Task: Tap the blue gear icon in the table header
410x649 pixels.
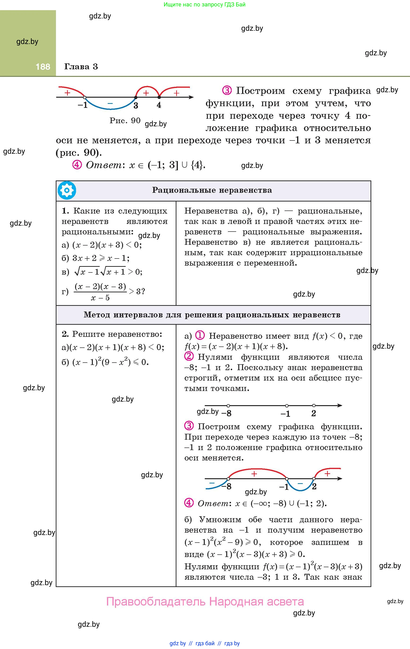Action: [67, 191]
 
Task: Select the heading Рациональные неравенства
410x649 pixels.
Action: [212, 190]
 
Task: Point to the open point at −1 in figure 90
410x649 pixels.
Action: [85, 97]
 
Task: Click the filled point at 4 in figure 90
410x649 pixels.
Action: [159, 97]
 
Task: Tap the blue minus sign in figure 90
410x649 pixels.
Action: [110, 103]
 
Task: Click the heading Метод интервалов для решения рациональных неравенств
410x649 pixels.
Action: [212, 315]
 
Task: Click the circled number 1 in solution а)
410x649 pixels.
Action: [200, 336]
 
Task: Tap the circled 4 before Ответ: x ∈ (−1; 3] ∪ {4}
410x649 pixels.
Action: [77, 165]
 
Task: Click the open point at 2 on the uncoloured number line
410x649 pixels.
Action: [314, 405]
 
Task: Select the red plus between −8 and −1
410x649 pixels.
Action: [254, 474]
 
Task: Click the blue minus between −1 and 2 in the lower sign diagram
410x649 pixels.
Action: [300, 483]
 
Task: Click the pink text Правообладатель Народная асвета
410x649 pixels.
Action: [205, 601]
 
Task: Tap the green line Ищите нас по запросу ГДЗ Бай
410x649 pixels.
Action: [205, 4]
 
